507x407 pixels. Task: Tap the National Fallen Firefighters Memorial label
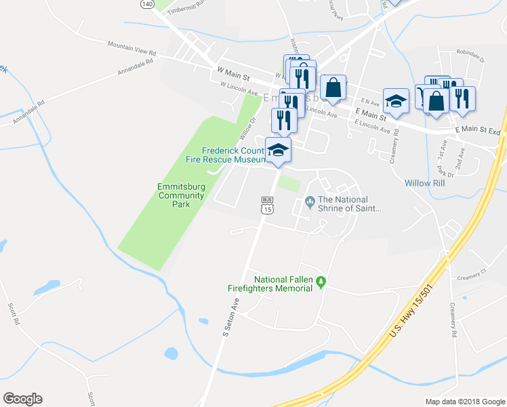[283, 284]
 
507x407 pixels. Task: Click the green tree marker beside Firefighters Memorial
[321, 280]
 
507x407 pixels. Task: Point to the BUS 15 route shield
[267, 206]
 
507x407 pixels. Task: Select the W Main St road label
[233, 70]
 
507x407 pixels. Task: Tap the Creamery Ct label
[472, 277]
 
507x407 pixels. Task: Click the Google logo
[22, 399]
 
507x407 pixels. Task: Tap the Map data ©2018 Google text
[464, 402]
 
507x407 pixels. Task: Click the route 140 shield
[147, 4]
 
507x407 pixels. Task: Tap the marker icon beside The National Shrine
[310, 200]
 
